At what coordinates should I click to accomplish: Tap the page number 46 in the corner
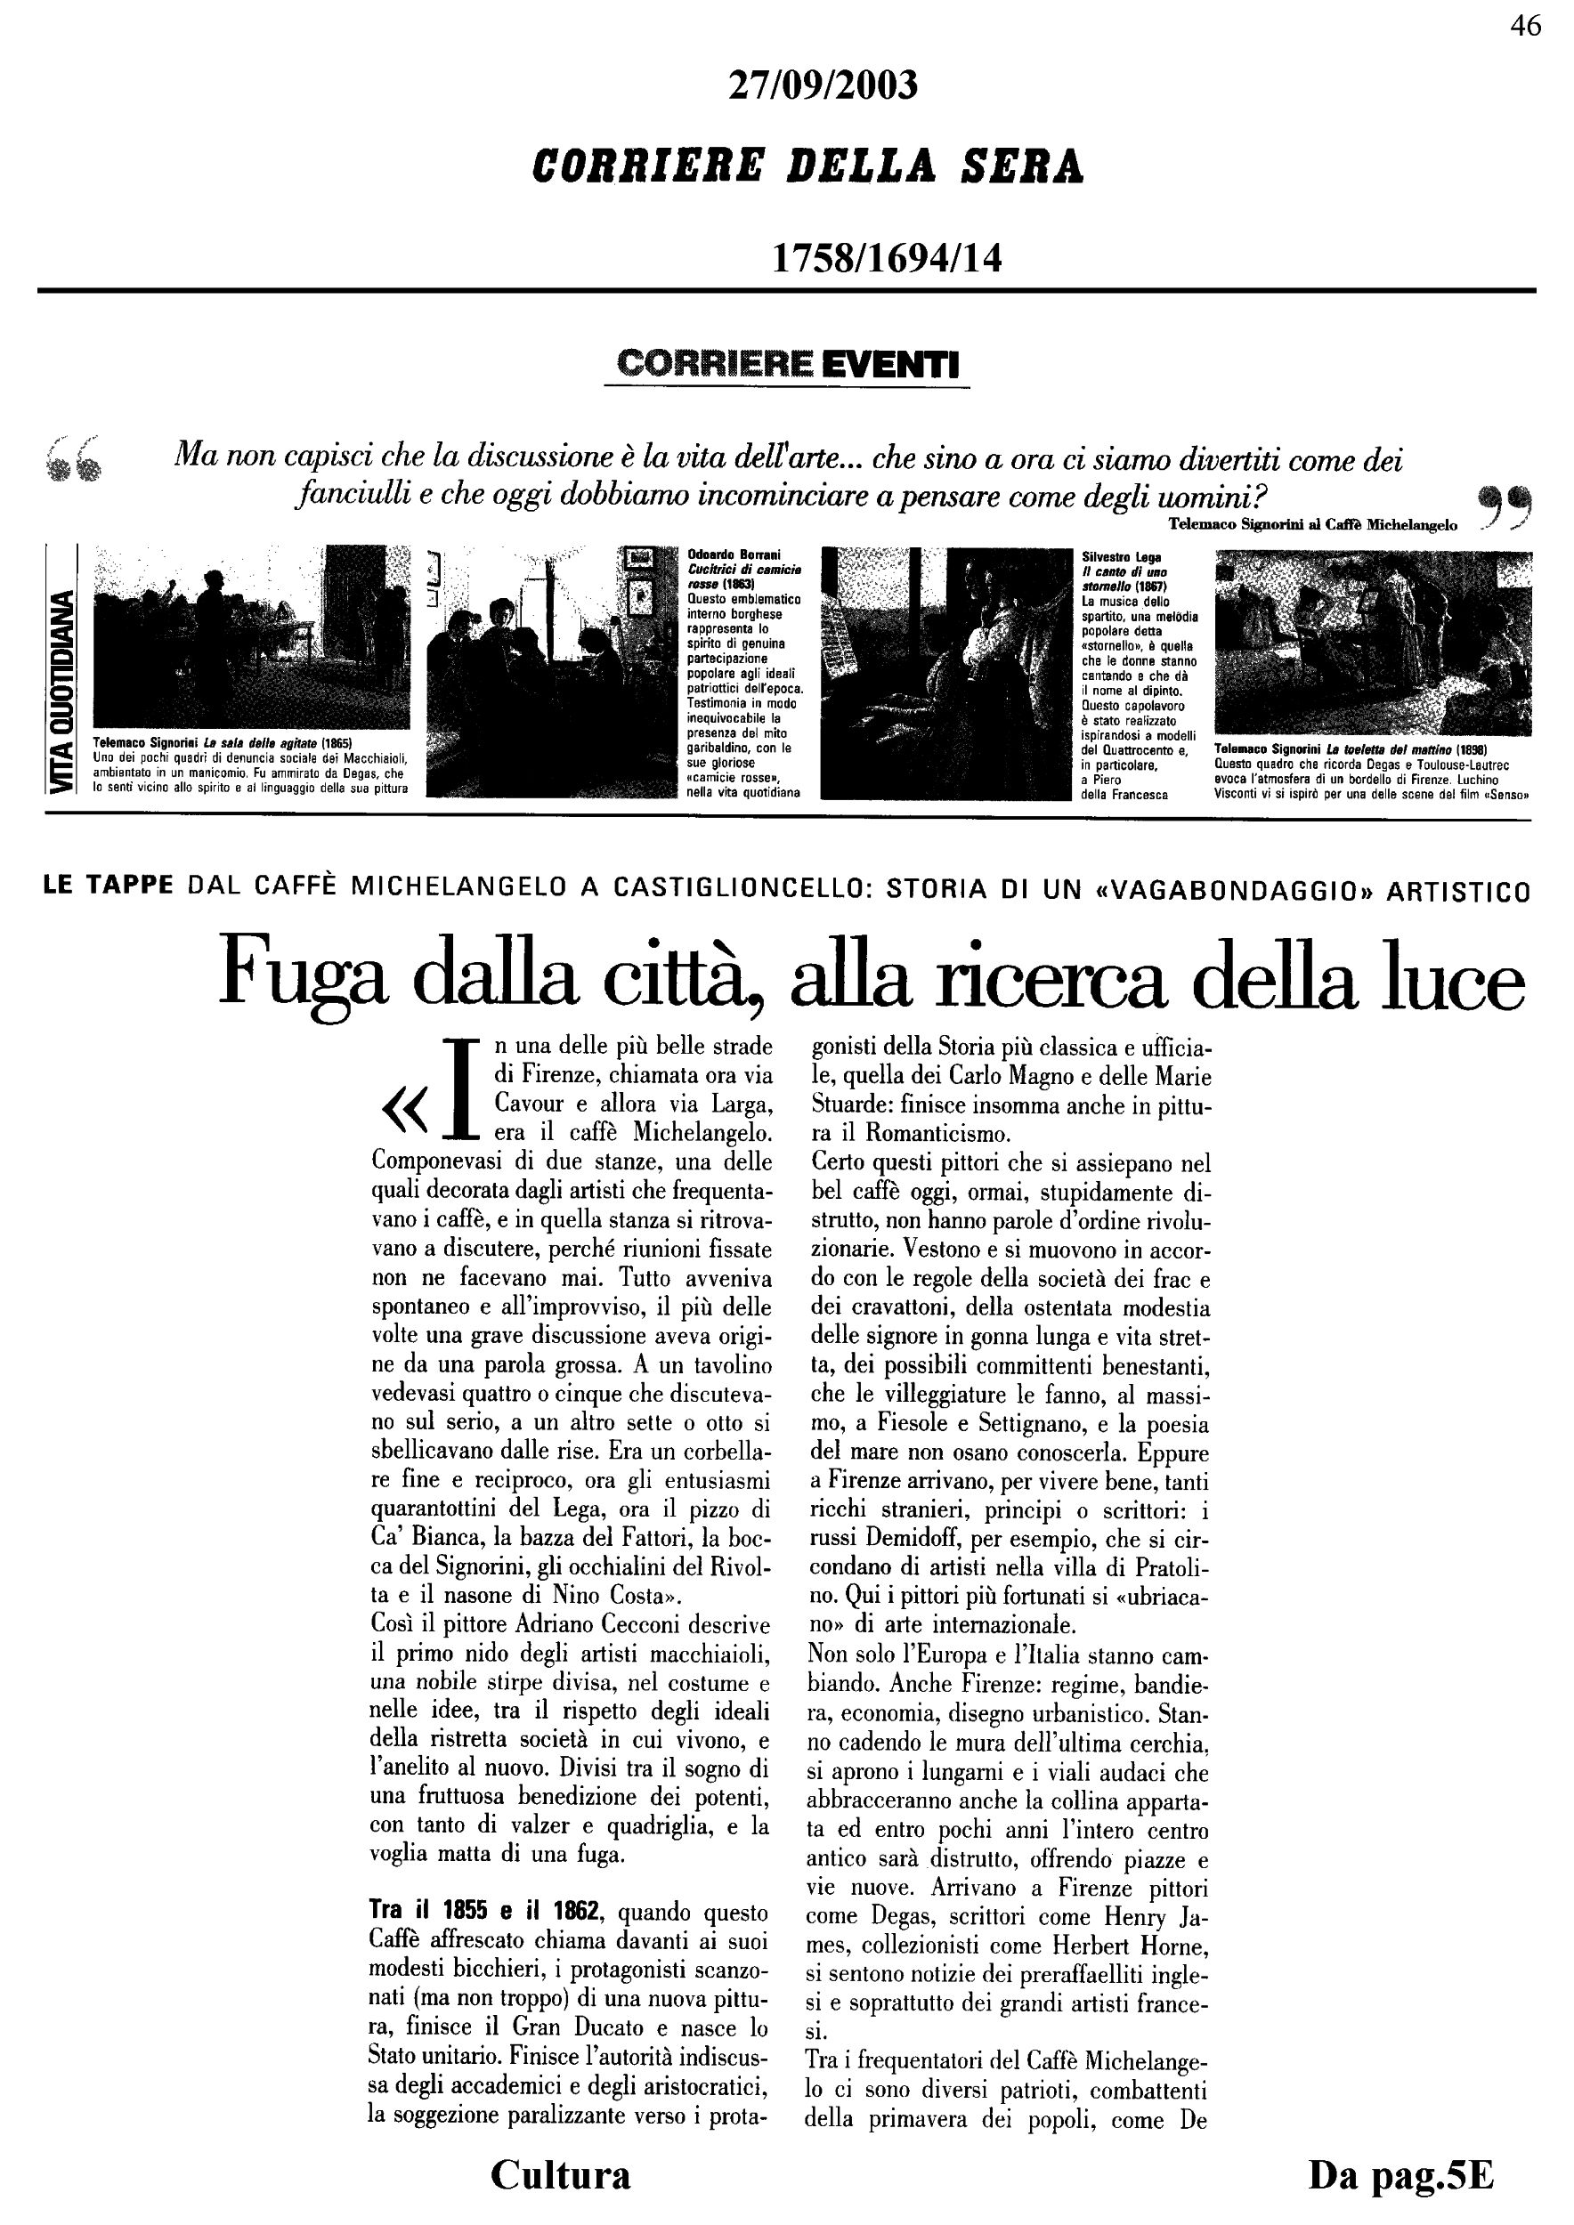click(1524, 26)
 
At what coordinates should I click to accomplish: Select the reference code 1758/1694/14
click(886, 258)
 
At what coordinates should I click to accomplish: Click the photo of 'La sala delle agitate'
click(250, 636)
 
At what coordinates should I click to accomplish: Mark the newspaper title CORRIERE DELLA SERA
click(807, 167)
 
